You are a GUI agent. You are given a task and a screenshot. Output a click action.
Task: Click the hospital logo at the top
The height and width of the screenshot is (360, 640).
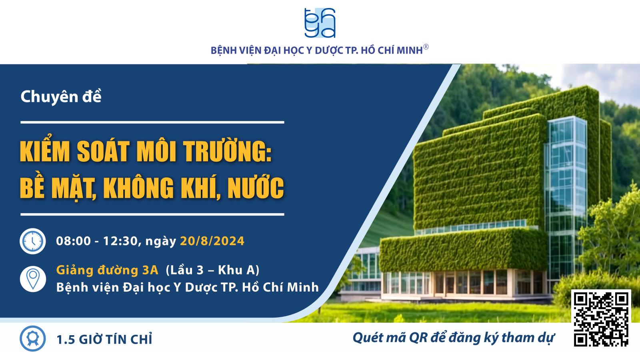320,23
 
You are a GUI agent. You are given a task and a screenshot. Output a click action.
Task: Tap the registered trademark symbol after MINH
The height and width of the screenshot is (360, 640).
426,47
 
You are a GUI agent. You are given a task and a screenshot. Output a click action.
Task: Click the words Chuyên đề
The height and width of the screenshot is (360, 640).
61,96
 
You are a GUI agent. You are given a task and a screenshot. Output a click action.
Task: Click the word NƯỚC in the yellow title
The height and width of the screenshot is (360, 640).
256,187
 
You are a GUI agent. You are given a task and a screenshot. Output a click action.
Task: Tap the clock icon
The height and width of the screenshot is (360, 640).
32,241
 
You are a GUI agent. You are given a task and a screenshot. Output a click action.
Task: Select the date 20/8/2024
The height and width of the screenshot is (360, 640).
212,241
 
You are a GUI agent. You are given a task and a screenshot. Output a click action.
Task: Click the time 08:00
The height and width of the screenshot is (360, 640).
74,241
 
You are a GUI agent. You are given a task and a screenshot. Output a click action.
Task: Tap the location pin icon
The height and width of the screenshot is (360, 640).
33,279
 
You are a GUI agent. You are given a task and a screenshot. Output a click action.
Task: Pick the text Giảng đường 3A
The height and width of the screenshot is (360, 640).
107,270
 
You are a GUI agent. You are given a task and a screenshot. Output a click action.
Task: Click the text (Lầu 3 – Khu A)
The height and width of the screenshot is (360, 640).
212,270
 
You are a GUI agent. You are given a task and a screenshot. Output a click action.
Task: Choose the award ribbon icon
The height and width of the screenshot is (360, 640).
32,338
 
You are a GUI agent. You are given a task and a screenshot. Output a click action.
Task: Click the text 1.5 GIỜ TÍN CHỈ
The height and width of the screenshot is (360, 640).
104,340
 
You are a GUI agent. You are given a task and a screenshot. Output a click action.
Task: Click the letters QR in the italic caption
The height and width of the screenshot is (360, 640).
418,338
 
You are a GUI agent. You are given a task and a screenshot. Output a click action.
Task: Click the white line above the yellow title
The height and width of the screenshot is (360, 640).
152,122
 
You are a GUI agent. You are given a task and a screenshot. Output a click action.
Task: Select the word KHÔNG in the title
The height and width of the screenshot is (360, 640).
138,187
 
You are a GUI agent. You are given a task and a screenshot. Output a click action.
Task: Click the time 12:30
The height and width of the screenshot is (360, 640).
120,241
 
